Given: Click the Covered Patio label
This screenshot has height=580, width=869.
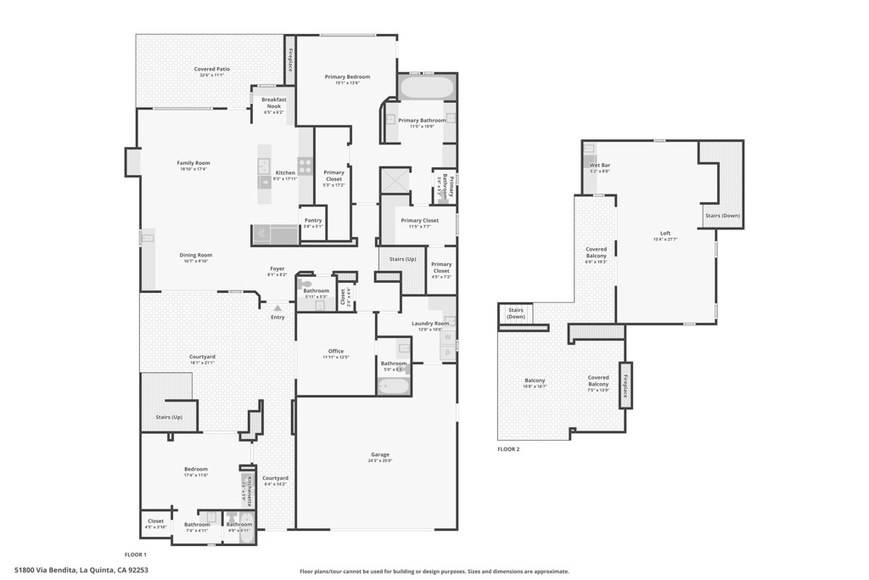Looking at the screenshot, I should (x=211, y=70).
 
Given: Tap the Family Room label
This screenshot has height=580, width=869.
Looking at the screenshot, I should (x=193, y=163).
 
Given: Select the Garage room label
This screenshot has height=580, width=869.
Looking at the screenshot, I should (x=379, y=455).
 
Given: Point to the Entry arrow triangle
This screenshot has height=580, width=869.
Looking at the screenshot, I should (x=277, y=307).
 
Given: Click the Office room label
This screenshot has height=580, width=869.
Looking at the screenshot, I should (x=335, y=352).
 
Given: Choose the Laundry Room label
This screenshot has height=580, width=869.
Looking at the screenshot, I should (x=430, y=324).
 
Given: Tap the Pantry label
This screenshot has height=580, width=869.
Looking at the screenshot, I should (x=312, y=221).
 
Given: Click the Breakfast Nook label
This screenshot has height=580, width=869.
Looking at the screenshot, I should (x=273, y=103).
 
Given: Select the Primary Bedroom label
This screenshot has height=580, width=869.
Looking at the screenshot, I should (x=347, y=77).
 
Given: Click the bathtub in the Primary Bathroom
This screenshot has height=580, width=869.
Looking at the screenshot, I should (x=427, y=87).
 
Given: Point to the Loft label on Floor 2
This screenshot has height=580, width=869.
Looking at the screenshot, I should (x=665, y=234).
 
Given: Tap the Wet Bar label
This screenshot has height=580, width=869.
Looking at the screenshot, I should (x=600, y=166).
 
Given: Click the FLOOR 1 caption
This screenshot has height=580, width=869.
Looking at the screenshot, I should (x=136, y=554).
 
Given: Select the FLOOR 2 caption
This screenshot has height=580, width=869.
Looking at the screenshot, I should (x=508, y=449).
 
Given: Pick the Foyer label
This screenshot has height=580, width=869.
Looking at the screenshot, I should (x=277, y=269).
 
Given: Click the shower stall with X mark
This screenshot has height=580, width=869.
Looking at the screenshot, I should (x=395, y=180).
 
